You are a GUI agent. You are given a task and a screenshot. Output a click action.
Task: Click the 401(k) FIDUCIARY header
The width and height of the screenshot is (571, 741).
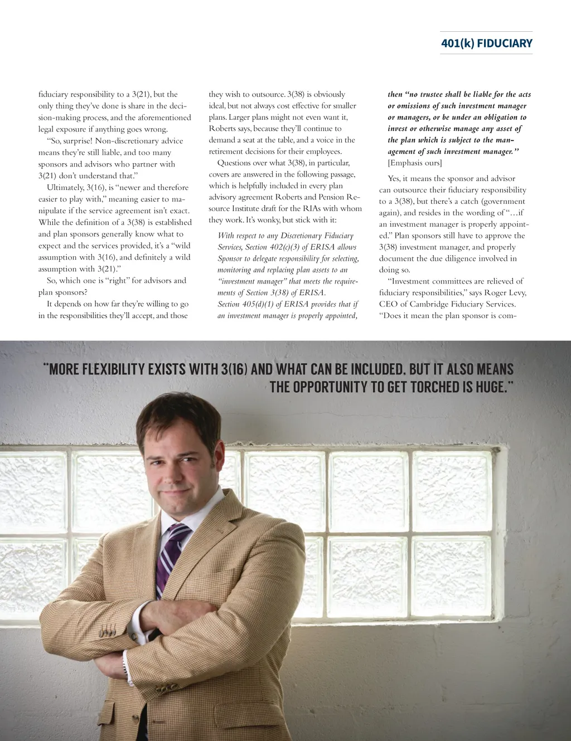[486, 43]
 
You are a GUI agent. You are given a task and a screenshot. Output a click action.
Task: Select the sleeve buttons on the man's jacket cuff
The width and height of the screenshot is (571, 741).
[107, 632]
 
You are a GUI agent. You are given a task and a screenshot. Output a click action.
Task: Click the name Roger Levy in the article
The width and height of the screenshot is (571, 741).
[505, 292]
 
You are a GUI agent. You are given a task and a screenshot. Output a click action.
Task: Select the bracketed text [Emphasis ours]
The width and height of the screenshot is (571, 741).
[415, 163]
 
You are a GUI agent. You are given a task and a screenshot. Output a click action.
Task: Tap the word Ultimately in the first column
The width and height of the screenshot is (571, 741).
[65, 188]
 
